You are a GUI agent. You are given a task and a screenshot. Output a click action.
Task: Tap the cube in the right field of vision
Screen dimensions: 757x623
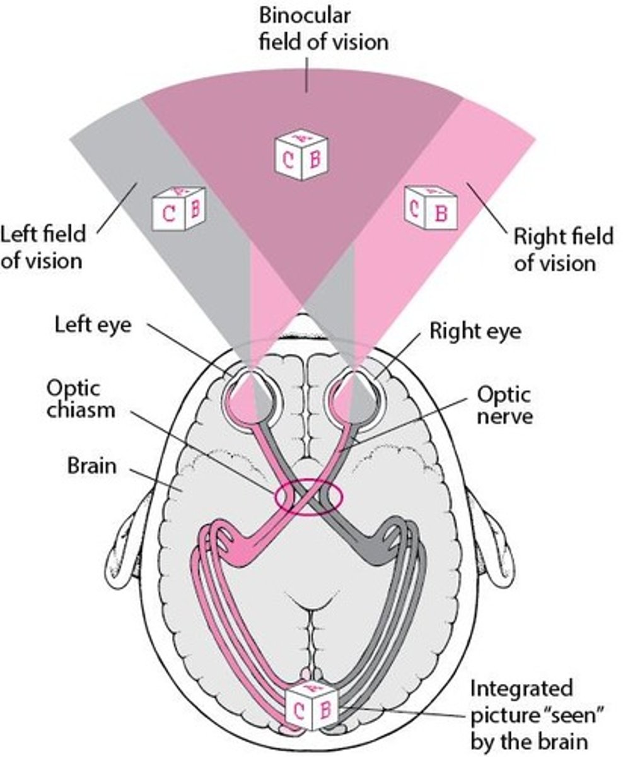tap(431, 207)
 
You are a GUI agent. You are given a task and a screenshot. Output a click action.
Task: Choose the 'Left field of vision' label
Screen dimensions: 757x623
tap(43, 247)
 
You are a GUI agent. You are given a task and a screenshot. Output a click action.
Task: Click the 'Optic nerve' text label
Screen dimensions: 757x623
tap(503, 405)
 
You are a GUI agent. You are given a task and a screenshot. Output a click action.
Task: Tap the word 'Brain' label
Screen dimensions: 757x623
tap(91, 467)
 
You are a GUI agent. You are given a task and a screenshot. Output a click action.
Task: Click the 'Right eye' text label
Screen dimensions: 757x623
tap(475, 331)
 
